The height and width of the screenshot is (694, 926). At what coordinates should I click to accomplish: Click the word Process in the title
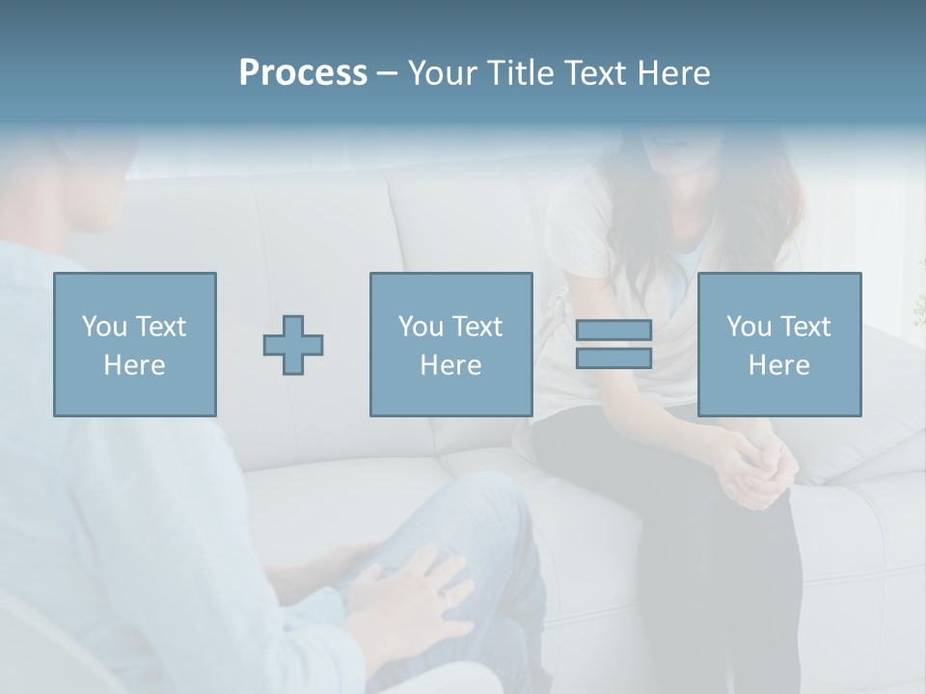coord(303,73)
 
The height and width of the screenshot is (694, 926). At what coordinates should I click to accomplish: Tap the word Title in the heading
coord(521,73)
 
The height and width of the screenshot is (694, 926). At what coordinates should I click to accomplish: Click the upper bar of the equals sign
coord(613,330)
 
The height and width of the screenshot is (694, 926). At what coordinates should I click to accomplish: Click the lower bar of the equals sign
coord(613,359)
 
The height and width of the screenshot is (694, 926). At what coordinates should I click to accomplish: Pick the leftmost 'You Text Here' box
coord(135,344)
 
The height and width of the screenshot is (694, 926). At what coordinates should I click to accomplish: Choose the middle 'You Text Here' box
coord(450,344)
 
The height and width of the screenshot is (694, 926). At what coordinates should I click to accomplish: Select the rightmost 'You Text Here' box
coord(779,344)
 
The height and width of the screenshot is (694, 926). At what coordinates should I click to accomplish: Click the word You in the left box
coord(103,327)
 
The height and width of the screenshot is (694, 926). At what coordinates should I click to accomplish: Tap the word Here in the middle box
coord(450,365)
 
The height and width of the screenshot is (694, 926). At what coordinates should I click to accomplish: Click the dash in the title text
coord(388,73)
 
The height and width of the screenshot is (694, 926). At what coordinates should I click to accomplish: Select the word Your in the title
coord(445,73)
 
